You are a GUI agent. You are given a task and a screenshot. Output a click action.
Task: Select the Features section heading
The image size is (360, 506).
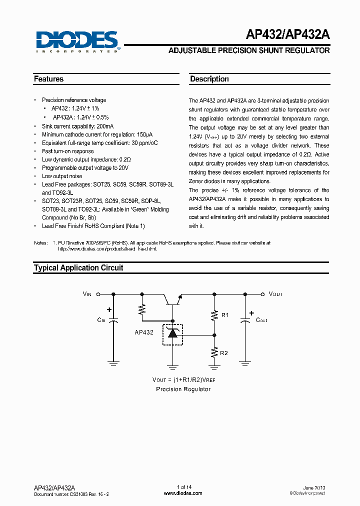tap(49, 79)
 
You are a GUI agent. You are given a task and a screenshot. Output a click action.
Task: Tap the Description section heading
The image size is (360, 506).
tap(209, 79)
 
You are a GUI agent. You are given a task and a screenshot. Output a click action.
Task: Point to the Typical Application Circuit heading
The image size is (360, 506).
tap(78, 267)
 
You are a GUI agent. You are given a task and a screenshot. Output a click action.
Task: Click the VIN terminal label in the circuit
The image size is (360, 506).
tap(87, 294)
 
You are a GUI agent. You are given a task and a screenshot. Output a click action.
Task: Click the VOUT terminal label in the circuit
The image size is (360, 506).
tap(275, 294)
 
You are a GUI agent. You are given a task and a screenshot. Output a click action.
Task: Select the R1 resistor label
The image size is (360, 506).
tap(224, 315)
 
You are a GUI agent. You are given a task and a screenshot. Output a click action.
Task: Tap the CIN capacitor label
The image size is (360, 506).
tap(101, 320)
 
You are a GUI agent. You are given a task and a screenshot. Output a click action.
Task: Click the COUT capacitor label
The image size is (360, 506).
tap(261, 320)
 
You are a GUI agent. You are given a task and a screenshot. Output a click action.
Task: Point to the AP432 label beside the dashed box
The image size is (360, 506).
tap(144, 332)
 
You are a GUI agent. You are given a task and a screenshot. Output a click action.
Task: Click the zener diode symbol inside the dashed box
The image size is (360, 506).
tap(172, 334)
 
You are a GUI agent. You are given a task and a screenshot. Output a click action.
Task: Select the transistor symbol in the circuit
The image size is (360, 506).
tap(173, 299)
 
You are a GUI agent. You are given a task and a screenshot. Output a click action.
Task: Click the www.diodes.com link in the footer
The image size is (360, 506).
tap(183, 493)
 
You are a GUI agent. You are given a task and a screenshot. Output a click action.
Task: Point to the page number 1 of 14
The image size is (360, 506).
tap(184, 487)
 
